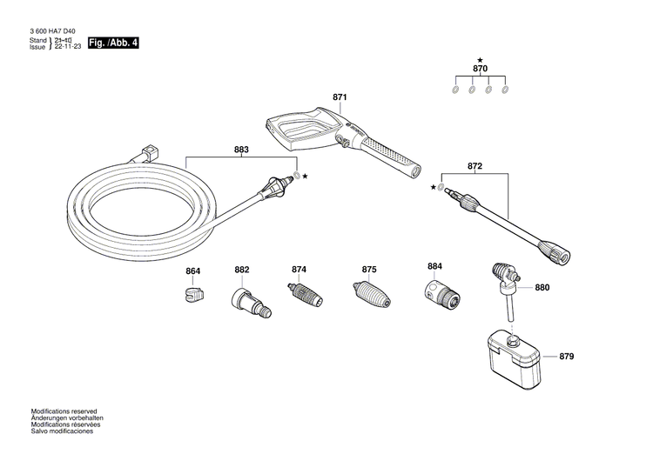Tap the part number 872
coord(475,165)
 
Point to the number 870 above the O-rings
coord(480,68)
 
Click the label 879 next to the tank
coord(567,357)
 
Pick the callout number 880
coord(542,287)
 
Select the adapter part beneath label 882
coord(245,301)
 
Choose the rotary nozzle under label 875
coord(370,294)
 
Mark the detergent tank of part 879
coord(515,358)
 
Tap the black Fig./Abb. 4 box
coord(114,42)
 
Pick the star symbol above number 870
coord(480,58)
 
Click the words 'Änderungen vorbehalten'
coord(67,418)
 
